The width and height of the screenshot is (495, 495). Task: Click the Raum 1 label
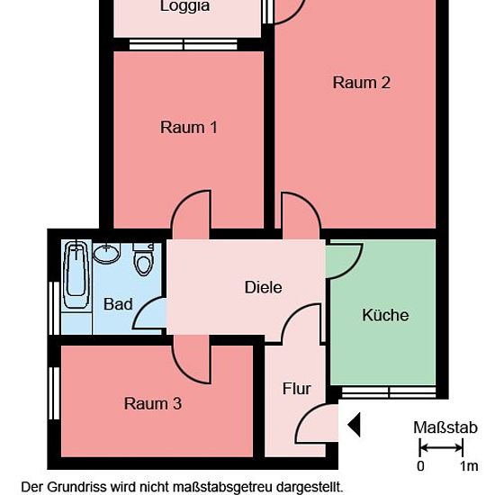(188, 128)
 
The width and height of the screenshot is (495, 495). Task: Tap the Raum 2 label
(362, 83)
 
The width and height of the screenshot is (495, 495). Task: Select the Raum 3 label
(153, 404)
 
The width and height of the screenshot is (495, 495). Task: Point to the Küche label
(385, 315)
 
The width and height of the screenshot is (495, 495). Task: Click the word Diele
(264, 287)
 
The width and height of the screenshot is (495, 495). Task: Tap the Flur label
(296, 389)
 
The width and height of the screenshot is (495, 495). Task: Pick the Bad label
(118, 304)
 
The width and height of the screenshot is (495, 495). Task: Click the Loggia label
(185, 6)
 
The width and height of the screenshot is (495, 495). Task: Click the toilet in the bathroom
(144, 259)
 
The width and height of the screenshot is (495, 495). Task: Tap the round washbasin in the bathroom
(107, 253)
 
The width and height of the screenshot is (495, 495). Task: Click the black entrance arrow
(354, 425)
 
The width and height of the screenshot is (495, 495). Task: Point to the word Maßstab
(445, 427)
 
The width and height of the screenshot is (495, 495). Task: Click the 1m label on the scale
(469, 466)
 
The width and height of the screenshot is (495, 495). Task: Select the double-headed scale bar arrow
(441, 447)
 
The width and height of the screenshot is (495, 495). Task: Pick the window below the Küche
(389, 391)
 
